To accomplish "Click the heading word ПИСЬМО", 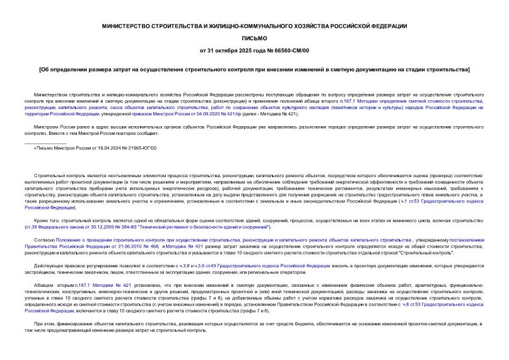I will [254, 38].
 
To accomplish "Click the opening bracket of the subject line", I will [40, 68].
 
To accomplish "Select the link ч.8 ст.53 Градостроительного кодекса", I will [429, 304].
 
